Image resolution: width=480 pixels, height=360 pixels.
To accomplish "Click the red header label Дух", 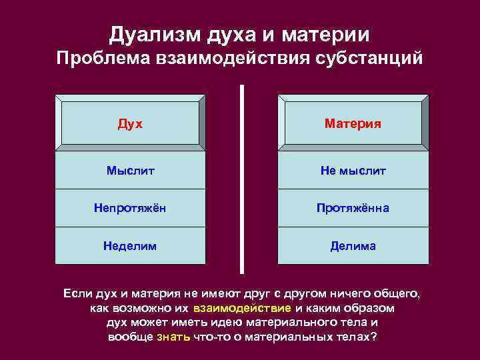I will pyautogui.click(x=130, y=124).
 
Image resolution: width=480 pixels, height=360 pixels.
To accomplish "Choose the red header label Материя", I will pyautogui.click(x=353, y=124).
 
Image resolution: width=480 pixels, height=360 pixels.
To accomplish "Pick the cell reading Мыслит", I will pyautogui.click(x=130, y=171).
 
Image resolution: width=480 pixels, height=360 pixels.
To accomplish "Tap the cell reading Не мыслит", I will pyautogui.click(x=353, y=171).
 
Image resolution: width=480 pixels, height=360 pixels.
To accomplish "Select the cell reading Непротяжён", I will pyautogui.click(x=130, y=209).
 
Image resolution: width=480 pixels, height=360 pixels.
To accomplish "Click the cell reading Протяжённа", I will pyautogui.click(x=353, y=209).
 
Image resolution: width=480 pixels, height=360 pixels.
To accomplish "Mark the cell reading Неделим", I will pyautogui.click(x=130, y=246).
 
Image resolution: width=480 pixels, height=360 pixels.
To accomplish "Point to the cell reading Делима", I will pyautogui.click(x=353, y=246).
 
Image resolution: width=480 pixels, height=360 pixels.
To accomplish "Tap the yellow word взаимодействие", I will pyautogui.click(x=242, y=309).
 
